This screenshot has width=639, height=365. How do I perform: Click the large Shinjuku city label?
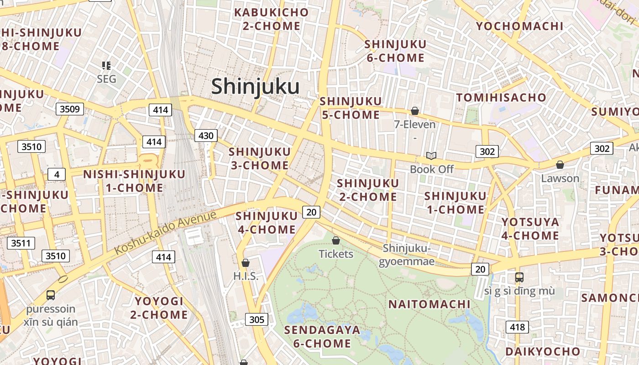[x=255, y=86]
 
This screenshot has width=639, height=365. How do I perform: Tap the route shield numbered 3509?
[x=70, y=109]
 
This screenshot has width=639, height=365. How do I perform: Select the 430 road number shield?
[x=206, y=136]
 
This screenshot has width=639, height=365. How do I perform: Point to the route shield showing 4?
[x=57, y=174]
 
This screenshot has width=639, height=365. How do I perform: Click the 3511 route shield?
[x=21, y=243]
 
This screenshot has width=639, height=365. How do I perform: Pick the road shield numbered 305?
[x=257, y=319]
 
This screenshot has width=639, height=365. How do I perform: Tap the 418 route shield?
[x=517, y=327]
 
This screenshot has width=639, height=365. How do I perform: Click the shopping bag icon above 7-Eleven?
[x=415, y=111]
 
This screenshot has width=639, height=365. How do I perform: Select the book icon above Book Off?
[x=431, y=156]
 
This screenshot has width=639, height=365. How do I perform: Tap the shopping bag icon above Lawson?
[x=560, y=165]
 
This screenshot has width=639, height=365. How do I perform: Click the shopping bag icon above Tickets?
[x=336, y=240]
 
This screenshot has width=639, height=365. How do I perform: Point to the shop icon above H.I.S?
[x=246, y=263]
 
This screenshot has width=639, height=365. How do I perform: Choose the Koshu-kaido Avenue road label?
[x=165, y=233]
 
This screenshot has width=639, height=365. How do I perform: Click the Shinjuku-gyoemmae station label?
[x=407, y=255]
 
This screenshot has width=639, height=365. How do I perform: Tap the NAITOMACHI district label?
[x=429, y=304]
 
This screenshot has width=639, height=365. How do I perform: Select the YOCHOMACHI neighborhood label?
[x=520, y=26]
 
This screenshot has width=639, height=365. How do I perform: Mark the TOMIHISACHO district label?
[x=501, y=97]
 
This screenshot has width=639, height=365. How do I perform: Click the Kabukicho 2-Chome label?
[x=271, y=19]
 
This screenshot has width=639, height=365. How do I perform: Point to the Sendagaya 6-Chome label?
[x=322, y=336]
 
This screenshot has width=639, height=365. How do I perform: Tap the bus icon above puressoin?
[x=51, y=295]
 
